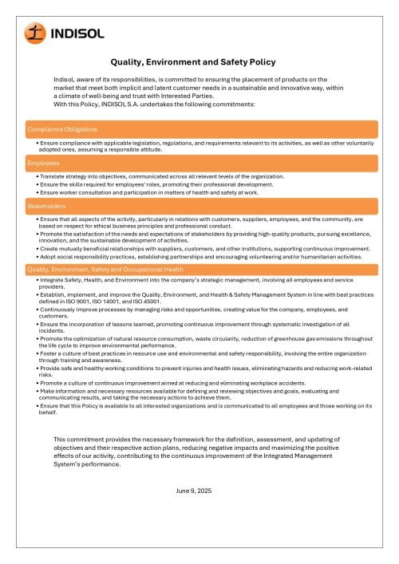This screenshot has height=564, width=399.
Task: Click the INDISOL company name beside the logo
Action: point(76,34)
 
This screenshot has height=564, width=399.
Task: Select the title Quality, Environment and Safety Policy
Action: point(193,61)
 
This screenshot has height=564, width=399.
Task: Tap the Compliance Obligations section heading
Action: point(63,129)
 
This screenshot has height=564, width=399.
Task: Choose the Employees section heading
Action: point(44,163)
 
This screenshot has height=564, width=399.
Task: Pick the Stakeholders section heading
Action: point(47,206)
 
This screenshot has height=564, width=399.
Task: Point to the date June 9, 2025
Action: point(192,490)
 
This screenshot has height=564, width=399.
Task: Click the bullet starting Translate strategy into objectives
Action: point(160,176)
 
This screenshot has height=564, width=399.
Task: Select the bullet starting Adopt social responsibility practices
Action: point(199,257)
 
